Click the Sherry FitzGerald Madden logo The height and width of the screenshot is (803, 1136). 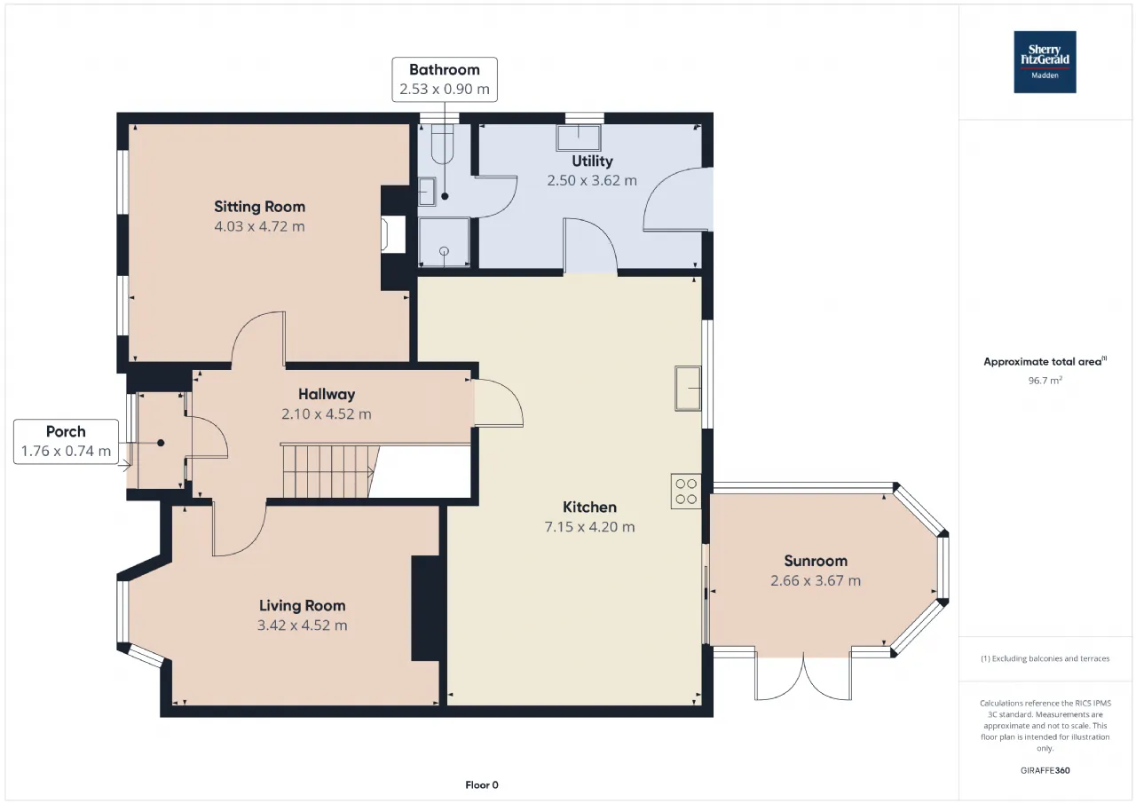(x=1045, y=62)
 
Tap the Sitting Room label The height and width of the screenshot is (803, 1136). (x=260, y=207)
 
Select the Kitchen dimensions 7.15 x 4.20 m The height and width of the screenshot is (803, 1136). (x=589, y=527)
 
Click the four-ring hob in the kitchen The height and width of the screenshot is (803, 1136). (x=686, y=492)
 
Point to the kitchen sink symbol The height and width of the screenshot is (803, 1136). (x=688, y=389)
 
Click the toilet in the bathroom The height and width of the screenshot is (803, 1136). (x=442, y=144)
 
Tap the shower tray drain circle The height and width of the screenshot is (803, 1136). (x=445, y=251)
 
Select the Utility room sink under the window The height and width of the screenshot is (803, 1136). (x=578, y=138)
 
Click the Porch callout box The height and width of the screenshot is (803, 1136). (x=66, y=442)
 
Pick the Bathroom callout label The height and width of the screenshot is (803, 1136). (x=445, y=80)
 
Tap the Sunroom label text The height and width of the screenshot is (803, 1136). (x=816, y=561)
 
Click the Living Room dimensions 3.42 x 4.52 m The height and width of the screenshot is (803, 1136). (x=303, y=625)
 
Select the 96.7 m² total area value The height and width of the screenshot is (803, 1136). (x=1045, y=381)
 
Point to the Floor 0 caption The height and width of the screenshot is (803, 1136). (x=482, y=784)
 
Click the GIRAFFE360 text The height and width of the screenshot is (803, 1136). (x=1045, y=770)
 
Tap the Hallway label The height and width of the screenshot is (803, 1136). (x=327, y=395)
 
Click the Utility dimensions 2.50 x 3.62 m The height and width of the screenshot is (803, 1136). (x=592, y=180)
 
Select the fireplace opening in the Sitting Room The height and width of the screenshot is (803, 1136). (x=393, y=234)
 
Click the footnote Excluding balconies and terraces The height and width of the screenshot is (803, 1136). (x=1045, y=658)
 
